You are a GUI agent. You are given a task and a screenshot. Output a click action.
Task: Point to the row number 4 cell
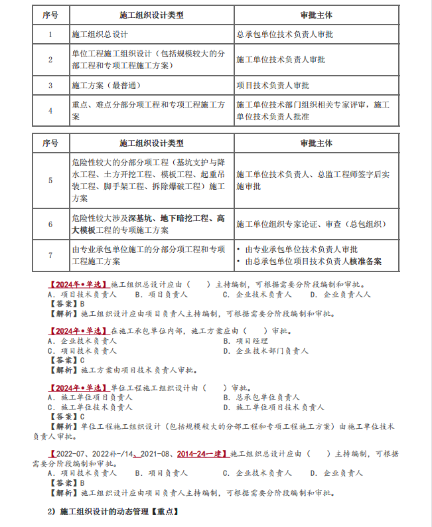click(x=50, y=111)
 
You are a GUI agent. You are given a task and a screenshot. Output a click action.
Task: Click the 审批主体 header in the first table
click(x=317, y=14)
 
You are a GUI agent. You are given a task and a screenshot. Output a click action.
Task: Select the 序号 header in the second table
click(x=50, y=143)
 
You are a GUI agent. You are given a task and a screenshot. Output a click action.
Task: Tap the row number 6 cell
click(x=50, y=224)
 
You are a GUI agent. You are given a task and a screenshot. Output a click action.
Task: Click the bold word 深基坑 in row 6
click(x=141, y=218)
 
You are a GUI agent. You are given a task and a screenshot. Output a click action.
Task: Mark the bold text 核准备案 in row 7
click(x=364, y=262)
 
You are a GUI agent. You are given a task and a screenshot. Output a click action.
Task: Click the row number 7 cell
click(x=50, y=256)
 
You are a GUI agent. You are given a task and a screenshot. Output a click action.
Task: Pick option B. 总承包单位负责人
click(x=265, y=397)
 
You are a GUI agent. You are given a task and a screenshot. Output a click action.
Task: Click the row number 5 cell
click(x=50, y=180)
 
